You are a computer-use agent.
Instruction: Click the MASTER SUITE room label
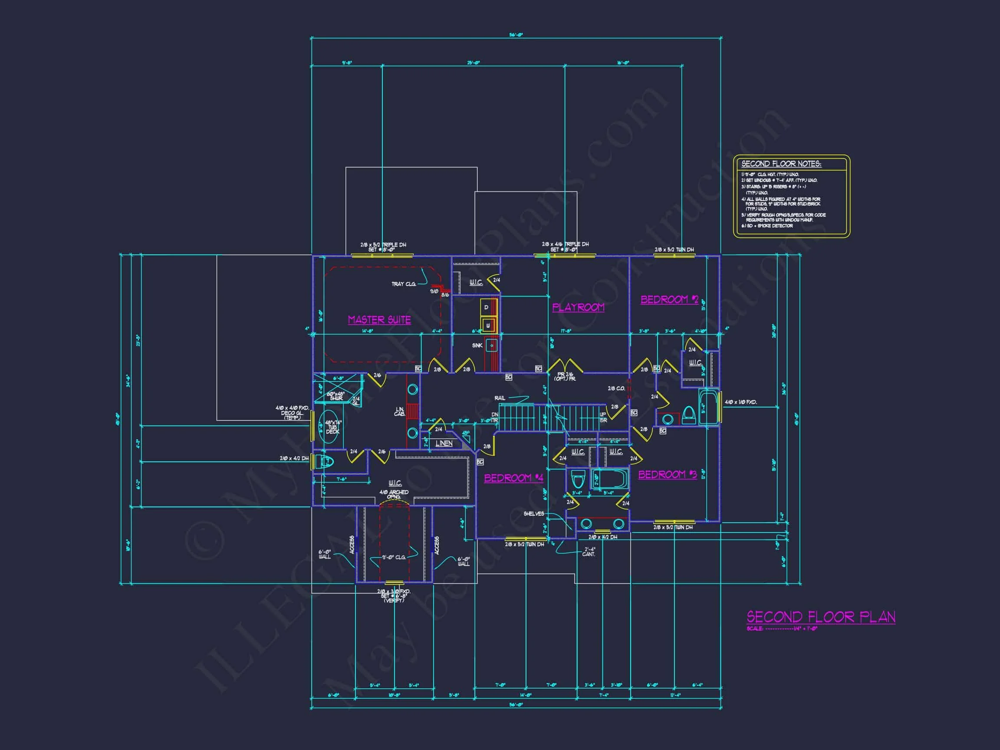[x=379, y=319]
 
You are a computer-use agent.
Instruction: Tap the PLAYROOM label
[x=578, y=307]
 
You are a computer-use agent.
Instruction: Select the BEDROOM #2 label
[x=670, y=299]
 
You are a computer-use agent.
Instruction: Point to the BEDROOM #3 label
[x=667, y=474]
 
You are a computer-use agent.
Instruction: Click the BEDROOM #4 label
[x=513, y=478]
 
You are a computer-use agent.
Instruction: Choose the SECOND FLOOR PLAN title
[x=820, y=617]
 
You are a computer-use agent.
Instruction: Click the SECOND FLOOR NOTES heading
[x=781, y=164]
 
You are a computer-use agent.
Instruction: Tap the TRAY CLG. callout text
[x=403, y=284]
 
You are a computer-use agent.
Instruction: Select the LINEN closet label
[x=444, y=444]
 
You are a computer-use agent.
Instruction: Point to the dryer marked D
[x=487, y=307]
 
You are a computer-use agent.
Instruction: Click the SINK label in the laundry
[x=477, y=345]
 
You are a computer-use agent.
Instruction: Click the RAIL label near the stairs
[x=500, y=398]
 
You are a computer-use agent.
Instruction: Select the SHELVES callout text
[x=533, y=513]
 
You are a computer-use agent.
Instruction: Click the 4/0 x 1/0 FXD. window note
[x=740, y=402]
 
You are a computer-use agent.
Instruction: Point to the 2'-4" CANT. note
[x=589, y=552]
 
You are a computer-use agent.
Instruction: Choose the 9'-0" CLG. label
[x=394, y=557]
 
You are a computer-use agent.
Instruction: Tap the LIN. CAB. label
[x=400, y=411]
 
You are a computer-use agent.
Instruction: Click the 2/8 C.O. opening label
[x=616, y=388]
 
